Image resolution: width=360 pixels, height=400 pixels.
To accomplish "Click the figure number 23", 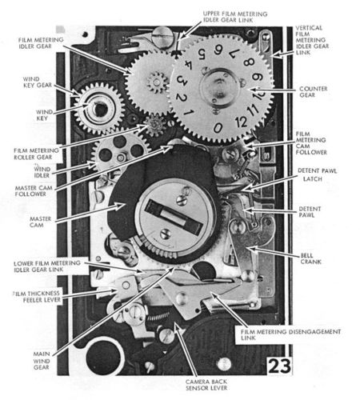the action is coord(279,366).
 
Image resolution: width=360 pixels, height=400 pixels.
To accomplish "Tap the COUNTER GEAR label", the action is coord(313,92).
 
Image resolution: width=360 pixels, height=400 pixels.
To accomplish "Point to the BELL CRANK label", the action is coord(310,258).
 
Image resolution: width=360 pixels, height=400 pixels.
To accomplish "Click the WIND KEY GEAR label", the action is coord(37,82).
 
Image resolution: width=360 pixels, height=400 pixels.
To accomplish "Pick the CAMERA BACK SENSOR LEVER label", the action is coord(206,385).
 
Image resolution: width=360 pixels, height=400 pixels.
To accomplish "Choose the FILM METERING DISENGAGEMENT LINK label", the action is coord(290,334).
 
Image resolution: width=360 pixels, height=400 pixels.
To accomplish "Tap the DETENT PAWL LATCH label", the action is coord(317,174).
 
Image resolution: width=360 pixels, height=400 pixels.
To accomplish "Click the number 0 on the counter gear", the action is coord(218,128).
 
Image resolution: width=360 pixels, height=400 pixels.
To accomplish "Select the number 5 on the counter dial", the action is coord(202,54).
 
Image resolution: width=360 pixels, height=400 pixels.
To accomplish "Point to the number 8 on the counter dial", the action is coord(249,62).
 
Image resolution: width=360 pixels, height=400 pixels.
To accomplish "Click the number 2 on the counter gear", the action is coord(182,98).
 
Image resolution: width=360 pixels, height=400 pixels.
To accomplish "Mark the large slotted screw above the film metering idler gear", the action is coord(161,38).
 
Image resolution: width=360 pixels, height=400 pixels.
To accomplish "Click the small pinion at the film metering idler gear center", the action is coord(158,82).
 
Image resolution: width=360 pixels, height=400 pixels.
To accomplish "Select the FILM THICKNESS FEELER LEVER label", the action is coord(38,297).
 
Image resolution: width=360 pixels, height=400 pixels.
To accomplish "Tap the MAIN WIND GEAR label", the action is coord(42,361).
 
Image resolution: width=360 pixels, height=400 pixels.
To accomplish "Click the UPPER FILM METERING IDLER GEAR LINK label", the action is coord(235,17).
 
